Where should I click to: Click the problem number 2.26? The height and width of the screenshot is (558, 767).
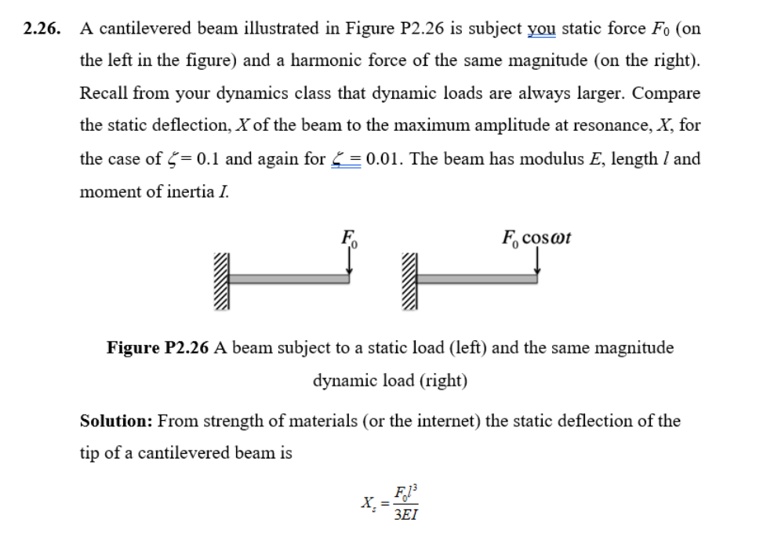tap(41, 29)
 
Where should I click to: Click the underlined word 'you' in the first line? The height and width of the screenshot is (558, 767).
tap(540, 29)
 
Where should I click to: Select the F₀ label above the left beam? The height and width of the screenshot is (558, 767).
tap(349, 237)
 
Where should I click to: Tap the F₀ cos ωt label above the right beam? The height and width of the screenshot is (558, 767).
tap(536, 237)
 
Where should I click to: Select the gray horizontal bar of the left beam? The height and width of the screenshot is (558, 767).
tap(290, 278)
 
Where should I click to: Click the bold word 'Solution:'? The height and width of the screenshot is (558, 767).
tap(116, 421)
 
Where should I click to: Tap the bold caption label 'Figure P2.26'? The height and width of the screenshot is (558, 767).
tap(158, 348)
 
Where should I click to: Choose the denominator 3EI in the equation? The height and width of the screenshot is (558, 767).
tap(405, 515)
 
